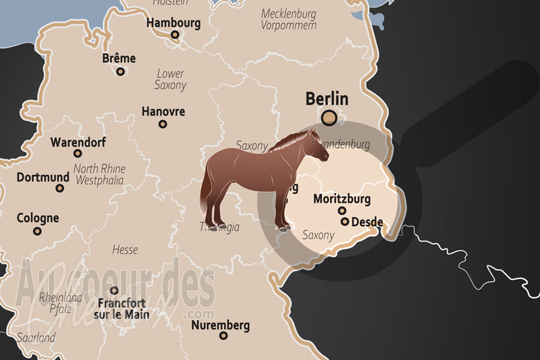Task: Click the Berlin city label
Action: pos(327,99)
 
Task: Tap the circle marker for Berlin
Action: pos(329,118)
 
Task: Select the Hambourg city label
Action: pos(173,22)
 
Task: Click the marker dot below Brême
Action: pos(121,71)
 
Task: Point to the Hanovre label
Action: pos(163,111)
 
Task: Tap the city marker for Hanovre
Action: pos(163,124)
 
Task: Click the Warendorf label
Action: pos(78,143)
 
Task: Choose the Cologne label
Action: pos(38,218)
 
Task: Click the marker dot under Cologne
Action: pos(37,231)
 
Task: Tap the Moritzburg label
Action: pos(342,199)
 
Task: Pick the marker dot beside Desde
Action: pos(345,222)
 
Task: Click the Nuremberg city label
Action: pos(220,326)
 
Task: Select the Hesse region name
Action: pos(125,250)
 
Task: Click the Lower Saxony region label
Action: pos(170,79)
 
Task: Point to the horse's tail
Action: pos(205,192)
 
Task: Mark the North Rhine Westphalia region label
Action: pos(99,175)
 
